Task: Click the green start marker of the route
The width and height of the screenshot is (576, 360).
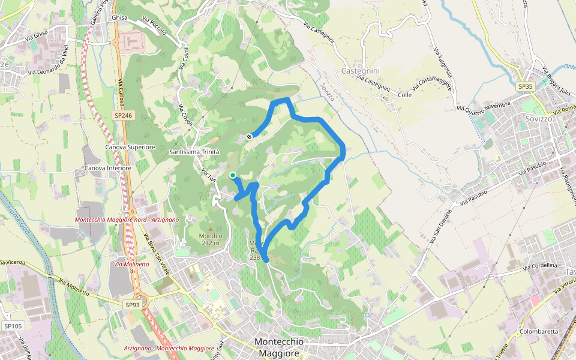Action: coord(232,175)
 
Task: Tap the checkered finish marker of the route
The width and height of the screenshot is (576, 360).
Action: coord(249,137)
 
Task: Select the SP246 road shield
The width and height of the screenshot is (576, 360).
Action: coord(122,115)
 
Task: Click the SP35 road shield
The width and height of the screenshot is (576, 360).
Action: coord(526,87)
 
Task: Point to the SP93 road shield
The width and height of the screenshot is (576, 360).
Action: coord(133,305)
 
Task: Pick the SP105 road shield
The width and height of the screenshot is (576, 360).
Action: coord(13,326)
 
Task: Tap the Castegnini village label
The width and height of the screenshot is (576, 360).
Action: coord(360,71)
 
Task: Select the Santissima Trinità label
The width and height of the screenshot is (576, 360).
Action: coord(194,152)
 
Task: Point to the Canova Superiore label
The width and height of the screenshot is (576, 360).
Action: coord(130,147)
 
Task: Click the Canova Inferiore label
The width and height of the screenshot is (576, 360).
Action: coord(108,168)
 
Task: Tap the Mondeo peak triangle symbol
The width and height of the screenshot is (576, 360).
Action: coord(211,229)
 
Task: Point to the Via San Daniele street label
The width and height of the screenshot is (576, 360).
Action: coord(445,221)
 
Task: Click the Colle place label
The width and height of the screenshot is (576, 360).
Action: coord(404,95)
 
